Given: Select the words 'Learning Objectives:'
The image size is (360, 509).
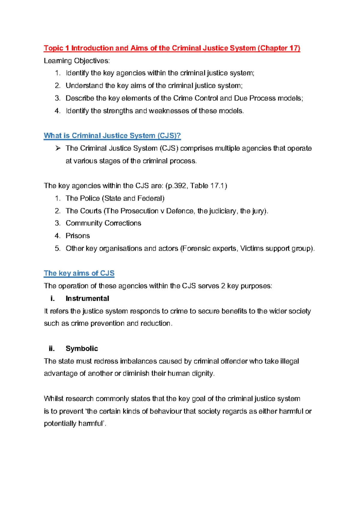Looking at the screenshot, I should click(77, 61).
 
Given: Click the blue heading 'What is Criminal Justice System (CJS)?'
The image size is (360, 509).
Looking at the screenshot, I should click(112, 136).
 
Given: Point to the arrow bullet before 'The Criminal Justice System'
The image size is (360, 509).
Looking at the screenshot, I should click(58, 148).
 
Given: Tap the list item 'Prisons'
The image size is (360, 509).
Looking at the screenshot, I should click(78, 236).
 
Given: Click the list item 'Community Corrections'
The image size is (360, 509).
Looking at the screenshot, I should click(103, 223).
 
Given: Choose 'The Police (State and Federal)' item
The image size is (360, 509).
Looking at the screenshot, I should click(115, 198).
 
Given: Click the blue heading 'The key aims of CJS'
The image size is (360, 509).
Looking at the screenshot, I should click(79, 273).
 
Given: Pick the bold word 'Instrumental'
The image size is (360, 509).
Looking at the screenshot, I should click(87, 299).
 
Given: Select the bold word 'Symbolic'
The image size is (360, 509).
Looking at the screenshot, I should click(82, 349).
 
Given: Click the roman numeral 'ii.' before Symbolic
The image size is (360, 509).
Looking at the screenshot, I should click(52, 349).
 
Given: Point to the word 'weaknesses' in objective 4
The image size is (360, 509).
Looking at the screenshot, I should click(169, 111).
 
